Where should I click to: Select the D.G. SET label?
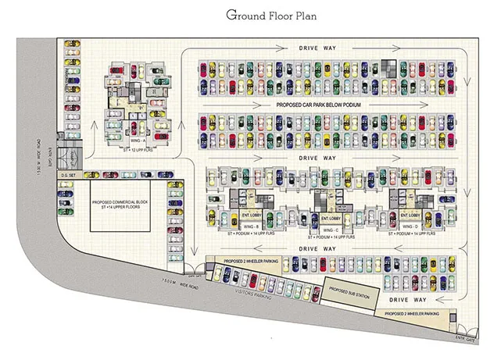click(x=68, y=176)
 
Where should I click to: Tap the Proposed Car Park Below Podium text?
click(x=328, y=104)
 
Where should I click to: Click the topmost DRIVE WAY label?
click(x=318, y=48)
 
